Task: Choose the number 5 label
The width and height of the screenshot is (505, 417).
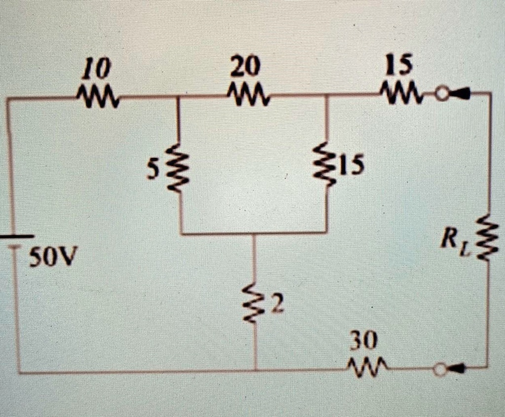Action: tap(155, 169)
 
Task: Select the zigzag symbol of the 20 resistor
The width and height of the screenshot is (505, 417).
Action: tap(249, 93)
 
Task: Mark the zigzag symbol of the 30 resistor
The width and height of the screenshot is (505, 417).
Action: tap(365, 366)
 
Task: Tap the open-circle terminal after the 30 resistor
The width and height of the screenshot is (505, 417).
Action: tap(438, 368)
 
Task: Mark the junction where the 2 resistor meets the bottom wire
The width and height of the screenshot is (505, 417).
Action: tap(255, 371)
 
